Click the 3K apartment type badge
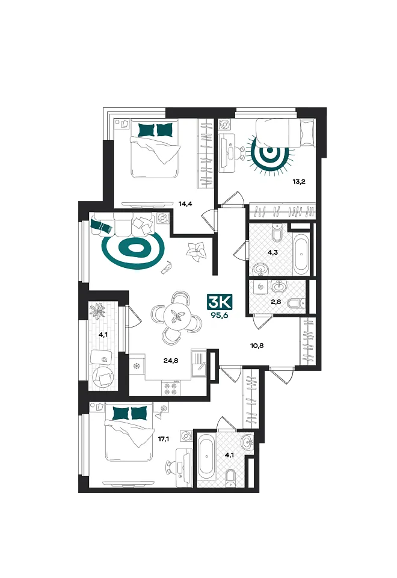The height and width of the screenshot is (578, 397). pos(220,303)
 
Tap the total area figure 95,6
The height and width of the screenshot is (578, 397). pos(220,315)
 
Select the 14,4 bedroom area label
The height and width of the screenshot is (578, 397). pos(186,204)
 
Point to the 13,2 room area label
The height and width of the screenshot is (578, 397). pos(299,181)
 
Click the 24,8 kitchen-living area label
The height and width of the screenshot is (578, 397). pos(171,361)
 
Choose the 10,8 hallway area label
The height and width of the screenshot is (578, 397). pos(257,346)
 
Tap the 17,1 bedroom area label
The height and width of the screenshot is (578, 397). pos(164,439)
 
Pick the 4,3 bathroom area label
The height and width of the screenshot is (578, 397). pos(272,253)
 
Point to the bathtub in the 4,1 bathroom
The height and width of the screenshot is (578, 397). pos(206,459)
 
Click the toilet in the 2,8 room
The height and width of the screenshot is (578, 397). pos(296,303)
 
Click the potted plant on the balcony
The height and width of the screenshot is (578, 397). pos(98,311)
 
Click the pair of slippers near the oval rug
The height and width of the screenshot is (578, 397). pos(167,267)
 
